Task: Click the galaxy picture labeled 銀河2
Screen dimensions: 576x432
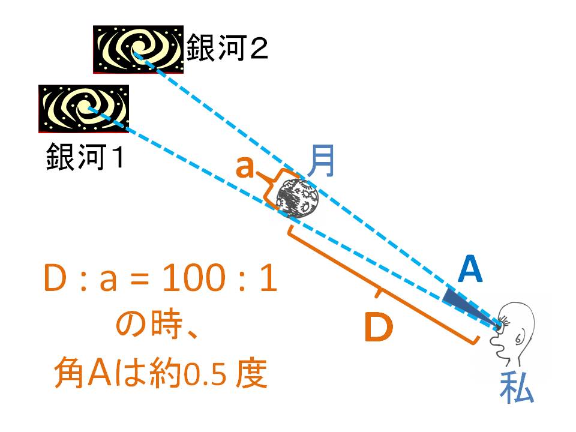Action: tap(138, 49)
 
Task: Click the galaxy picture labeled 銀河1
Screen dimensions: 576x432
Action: tap(84, 109)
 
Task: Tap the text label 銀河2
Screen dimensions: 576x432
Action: tap(227, 47)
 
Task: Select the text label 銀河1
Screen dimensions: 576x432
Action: tap(85, 157)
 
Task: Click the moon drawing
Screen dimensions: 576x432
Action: tap(298, 199)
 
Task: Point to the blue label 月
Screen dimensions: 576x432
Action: tap(321, 161)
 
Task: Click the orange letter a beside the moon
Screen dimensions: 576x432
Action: tap(245, 167)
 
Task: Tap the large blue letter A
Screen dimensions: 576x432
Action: tap(470, 269)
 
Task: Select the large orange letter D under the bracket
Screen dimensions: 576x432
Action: tap(379, 326)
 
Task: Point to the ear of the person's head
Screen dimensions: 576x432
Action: tap(518, 338)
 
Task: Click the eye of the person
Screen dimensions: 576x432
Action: tap(502, 322)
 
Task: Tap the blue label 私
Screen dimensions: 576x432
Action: tap(517, 388)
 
